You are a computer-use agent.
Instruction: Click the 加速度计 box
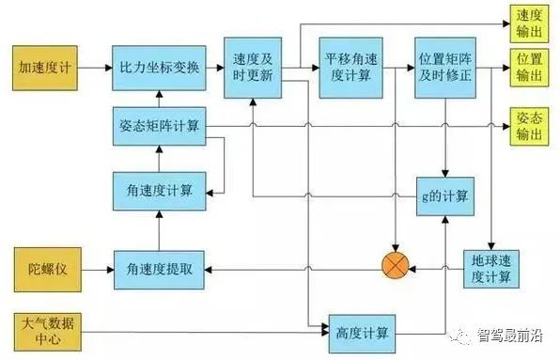coord(45,69)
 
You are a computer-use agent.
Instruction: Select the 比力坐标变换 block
coord(159,69)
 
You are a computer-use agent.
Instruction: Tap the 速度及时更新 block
coord(251,68)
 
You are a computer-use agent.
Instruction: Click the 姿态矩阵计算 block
coord(159,127)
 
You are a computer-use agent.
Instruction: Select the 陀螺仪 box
coord(45,269)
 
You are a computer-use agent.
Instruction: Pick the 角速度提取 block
coord(159,270)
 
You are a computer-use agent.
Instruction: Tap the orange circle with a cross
coord(395,270)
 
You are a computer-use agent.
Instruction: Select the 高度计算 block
coord(360,331)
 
